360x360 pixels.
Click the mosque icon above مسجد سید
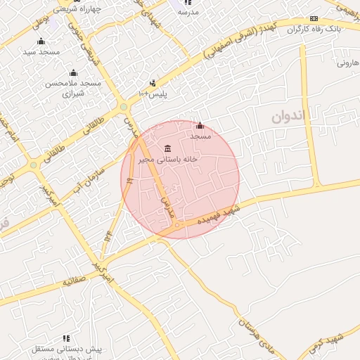click(41, 41)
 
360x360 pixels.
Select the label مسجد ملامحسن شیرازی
click(74, 88)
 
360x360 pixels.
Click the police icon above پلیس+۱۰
click(153, 83)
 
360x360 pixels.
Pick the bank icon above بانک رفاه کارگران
click(314, 18)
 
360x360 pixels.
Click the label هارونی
click(347, 63)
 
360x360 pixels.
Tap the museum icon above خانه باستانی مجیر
click(167, 148)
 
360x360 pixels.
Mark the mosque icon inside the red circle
click(200, 125)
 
